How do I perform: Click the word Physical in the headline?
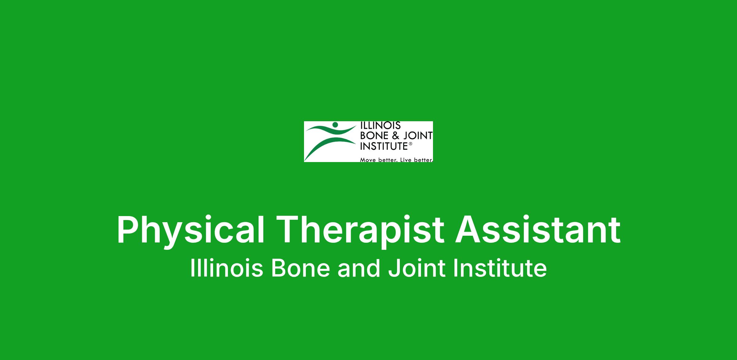[191, 230]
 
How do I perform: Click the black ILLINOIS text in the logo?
[380, 126]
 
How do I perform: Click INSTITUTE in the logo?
[384, 146]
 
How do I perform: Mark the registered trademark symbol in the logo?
[410, 143]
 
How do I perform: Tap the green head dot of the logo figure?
[335, 125]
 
